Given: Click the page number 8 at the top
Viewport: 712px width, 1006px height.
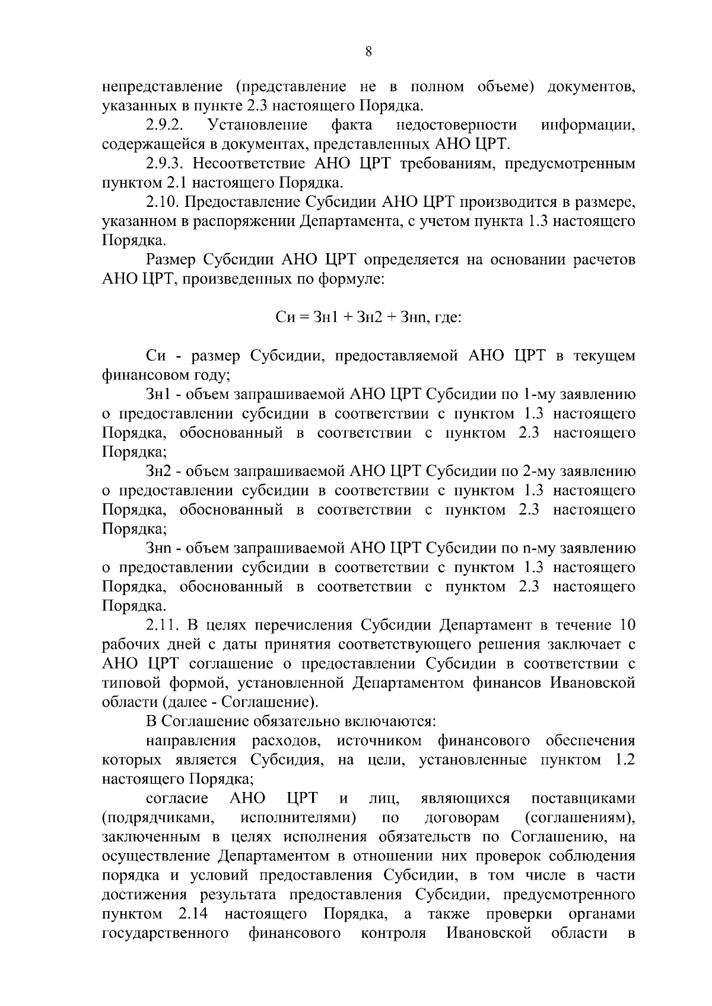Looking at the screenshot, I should coord(368,52).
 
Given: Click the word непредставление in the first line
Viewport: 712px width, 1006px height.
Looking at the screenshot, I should coord(162,87).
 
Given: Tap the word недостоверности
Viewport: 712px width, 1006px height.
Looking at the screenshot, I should coord(456,125).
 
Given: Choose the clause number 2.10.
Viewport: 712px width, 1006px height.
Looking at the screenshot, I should coord(162,202).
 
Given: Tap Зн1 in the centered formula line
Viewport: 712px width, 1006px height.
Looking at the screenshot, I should coord(325,317).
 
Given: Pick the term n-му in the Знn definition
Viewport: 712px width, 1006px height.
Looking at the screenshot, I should coord(538,548).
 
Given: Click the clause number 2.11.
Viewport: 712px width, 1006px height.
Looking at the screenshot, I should coord(162,625).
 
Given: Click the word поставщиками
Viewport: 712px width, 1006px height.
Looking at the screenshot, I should coord(583,799).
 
